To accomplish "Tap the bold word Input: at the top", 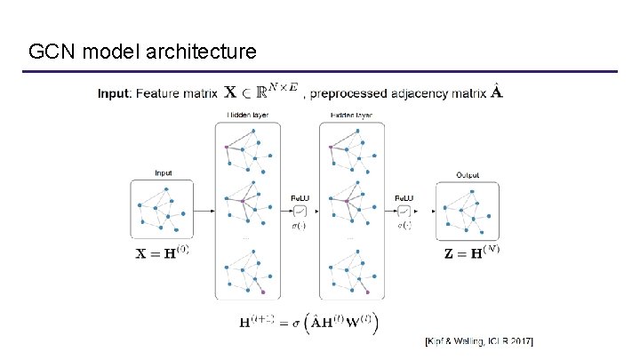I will point(115,92).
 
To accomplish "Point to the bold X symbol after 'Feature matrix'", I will point(230,92).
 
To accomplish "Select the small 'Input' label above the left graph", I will point(164,173).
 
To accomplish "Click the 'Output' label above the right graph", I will point(468,174).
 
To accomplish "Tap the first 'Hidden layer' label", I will point(248,116).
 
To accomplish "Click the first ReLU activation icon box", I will point(300,211).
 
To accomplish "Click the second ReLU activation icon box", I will point(404,211).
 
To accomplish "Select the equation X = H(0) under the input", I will point(162,252).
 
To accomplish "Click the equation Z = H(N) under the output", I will point(471,252).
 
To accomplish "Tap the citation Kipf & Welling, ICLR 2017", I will point(484,341).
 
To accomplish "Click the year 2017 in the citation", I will point(530,341).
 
